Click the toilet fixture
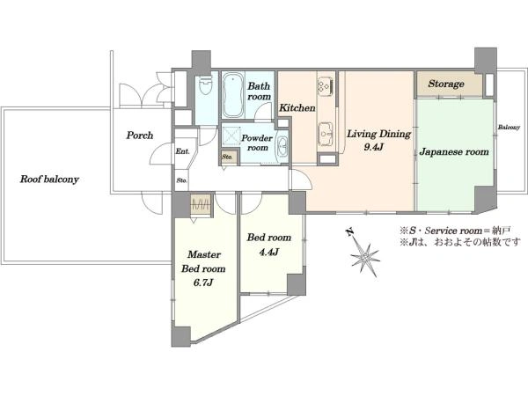click(x=206, y=85)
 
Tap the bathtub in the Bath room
click(x=232, y=95)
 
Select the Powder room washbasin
click(x=282, y=147)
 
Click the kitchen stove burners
click(x=325, y=84)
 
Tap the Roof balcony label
click(x=49, y=180)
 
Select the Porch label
click(x=140, y=136)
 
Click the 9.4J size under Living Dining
click(x=373, y=147)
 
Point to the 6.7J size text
click(x=203, y=282)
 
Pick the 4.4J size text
click(x=268, y=252)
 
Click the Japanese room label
click(x=454, y=152)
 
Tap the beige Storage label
click(x=446, y=84)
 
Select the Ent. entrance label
click(x=182, y=151)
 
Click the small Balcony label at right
click(x=509, y=128)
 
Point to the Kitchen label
click(x=297, y=108)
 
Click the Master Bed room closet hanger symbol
click(x=201, y=205)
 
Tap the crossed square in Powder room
click(x=231, y=136)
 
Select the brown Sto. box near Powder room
click(x=229, y=157)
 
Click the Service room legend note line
click(x=455, y=231)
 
